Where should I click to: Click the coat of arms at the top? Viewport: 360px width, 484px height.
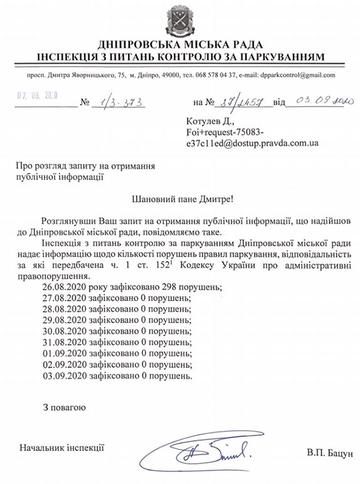pos(179,19)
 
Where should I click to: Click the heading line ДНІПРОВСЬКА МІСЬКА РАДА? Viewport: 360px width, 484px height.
pos(179,45)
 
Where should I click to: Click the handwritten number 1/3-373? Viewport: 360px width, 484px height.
pos(115,102)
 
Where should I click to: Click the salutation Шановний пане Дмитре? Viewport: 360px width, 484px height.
pos(180,200)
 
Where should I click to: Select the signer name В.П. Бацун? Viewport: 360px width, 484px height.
pos(330,452)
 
